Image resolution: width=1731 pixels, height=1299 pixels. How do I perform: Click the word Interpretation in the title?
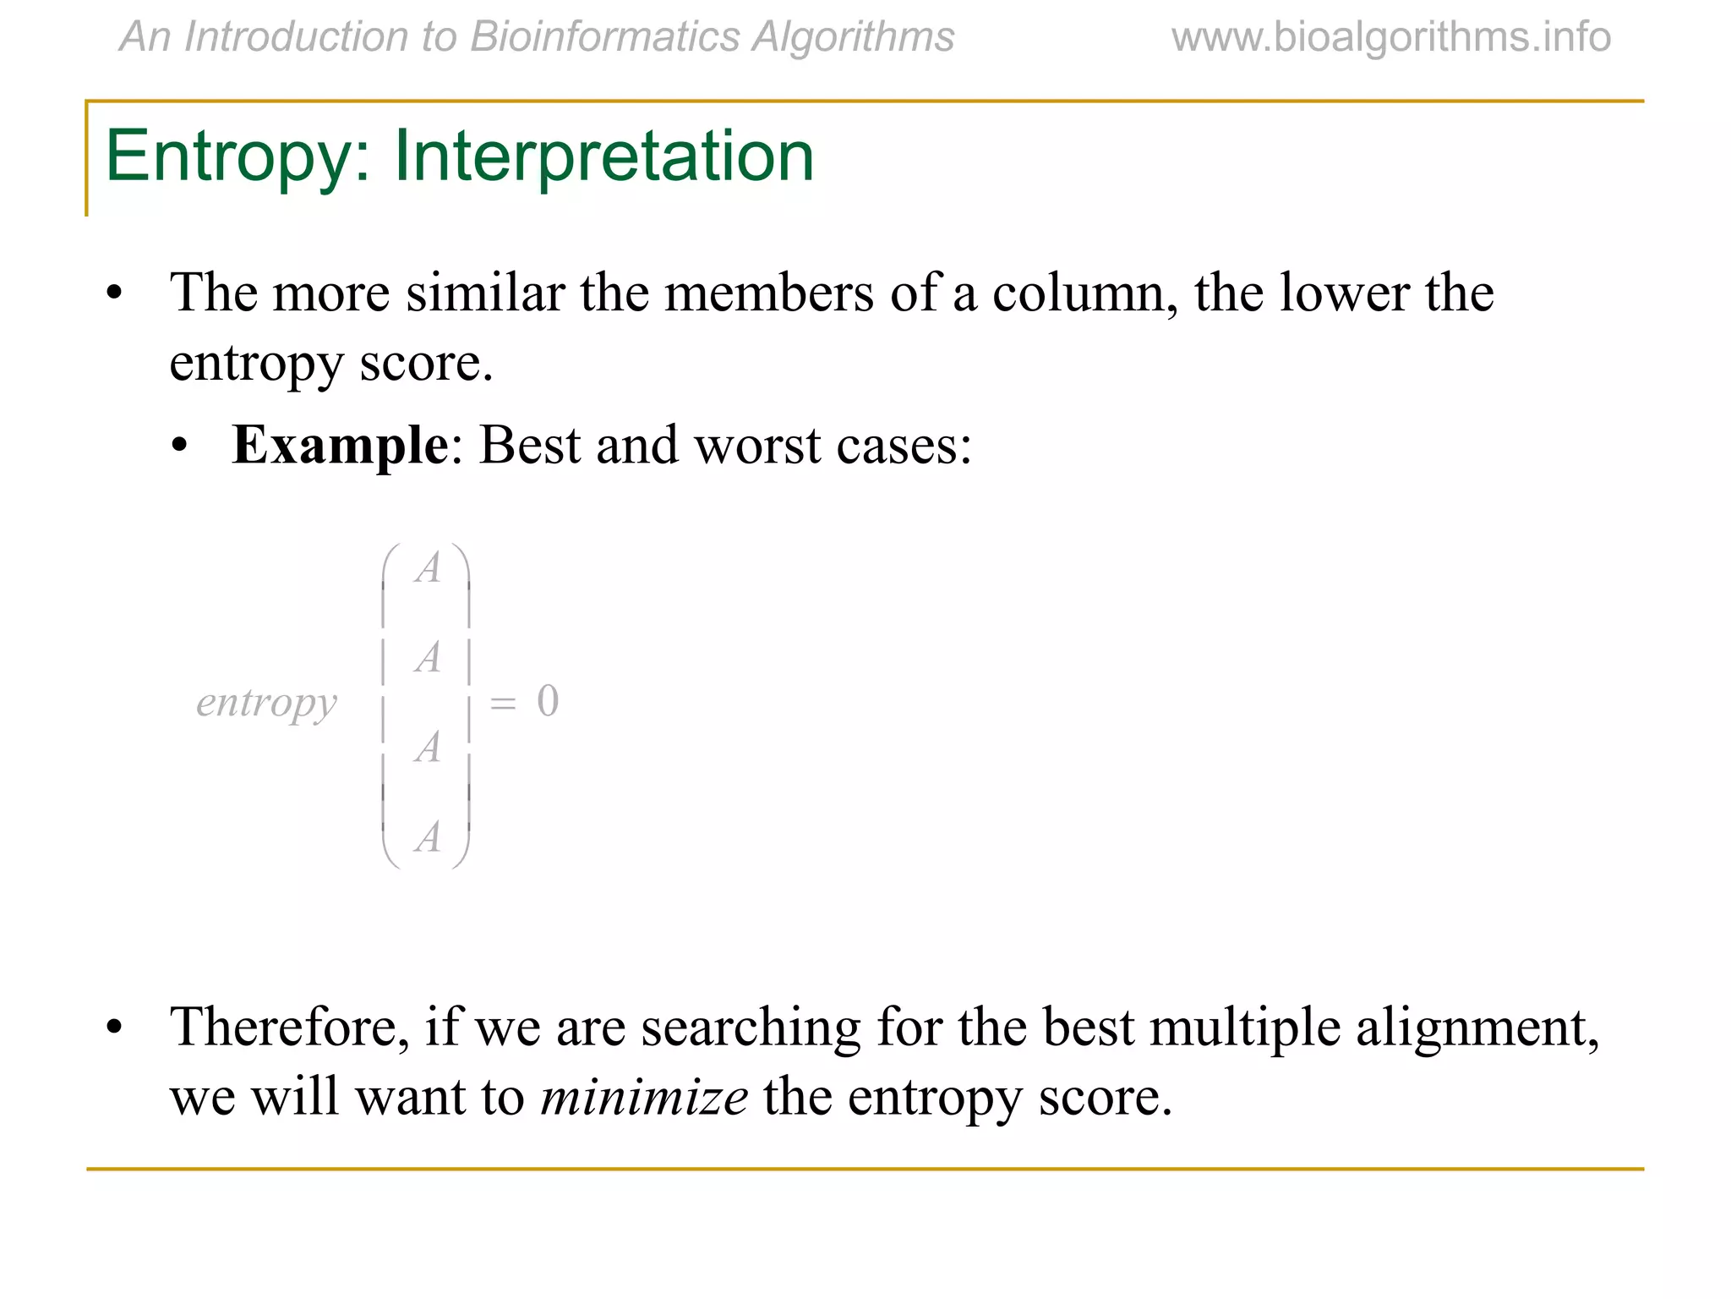pyautogui.click(x=603, y=156)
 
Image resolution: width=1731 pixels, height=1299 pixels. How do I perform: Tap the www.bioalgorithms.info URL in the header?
pyautogui.click(x=1390, y=37)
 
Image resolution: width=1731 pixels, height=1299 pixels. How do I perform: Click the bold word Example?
pyautogui.click(x=340, y=445)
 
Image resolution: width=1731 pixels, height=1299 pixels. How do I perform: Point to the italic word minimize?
pyautogui.click(x=644, y=1097)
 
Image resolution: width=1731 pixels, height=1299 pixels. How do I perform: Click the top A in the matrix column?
pyautogui.click(x=428, y=568)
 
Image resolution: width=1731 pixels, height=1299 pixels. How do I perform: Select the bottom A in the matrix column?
pyautogui.click(x=428, y=837)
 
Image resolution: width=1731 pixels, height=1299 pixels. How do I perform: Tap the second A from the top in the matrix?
pyautogui.click(x=428, y=658)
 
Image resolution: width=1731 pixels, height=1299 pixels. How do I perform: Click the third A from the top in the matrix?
pyautogui.click(x=428, y=748)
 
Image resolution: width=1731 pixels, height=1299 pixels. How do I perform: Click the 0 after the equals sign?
pyautogui.click(x=548, y=701)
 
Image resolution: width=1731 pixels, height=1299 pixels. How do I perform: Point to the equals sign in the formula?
pyautogui.click(x=503, y=703)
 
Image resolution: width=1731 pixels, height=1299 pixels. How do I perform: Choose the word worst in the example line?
pyautogui.click(x=756, y=445)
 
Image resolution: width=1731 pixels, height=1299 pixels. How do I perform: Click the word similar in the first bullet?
pyautogui.click(x=485, y=293)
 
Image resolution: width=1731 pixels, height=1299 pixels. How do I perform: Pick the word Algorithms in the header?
pyautogui.click(x=853, y=37)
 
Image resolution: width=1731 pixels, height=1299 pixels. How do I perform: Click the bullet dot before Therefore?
pyautogui.click(x=114, y=1028)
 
